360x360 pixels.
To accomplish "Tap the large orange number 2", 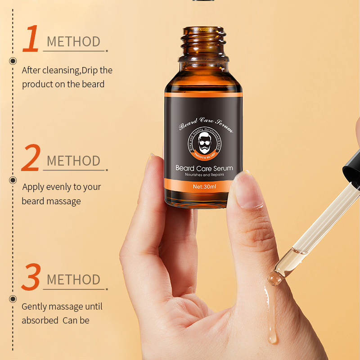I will (31, 158).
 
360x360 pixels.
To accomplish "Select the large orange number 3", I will (31, 277).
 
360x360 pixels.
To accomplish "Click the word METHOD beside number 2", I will (73, 161).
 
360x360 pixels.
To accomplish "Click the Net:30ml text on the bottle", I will (203, 185).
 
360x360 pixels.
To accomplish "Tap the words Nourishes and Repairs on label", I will (204, 175).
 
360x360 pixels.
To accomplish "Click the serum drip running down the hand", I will (272, 315).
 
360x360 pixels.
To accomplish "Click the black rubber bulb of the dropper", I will (353, 166).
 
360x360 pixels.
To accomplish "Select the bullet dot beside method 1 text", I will (13, 61).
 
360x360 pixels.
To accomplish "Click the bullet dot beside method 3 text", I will (13, 298).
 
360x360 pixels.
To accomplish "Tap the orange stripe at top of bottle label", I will (203, 94).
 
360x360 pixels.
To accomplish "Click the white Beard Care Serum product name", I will (204, 168).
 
